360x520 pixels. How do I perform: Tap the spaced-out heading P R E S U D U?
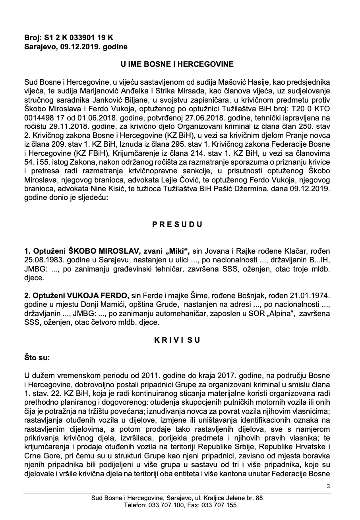(177, 224)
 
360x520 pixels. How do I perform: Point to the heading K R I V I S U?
(177, 340)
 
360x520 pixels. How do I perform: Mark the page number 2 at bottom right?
(328, 486)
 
